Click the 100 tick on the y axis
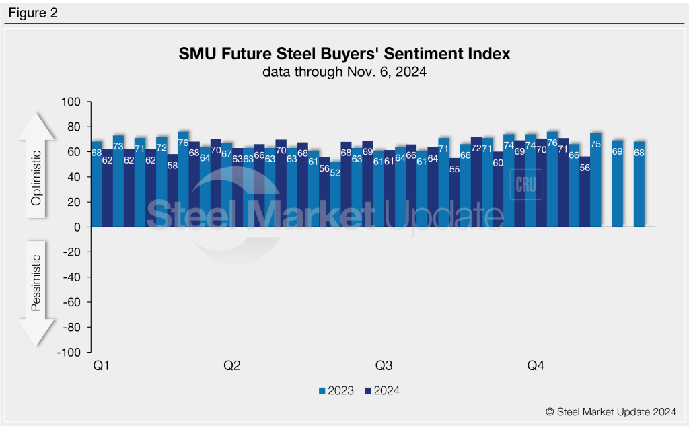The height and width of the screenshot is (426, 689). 71,102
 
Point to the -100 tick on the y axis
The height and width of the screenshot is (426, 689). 69,353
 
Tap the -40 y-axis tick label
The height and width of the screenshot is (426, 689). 71,277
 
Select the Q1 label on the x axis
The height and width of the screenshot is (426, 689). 101,366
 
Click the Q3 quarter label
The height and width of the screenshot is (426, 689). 384,366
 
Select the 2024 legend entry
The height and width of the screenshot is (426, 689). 382,390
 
